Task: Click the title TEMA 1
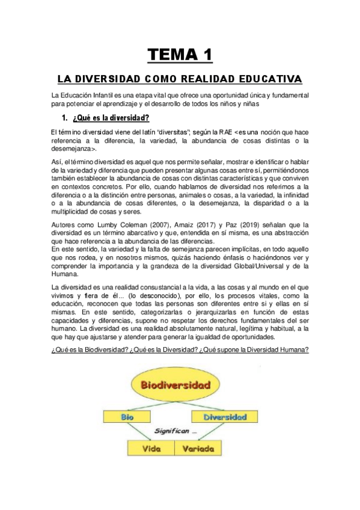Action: click(180, 55)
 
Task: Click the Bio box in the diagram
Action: click(126, 416)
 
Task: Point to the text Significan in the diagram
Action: click(176, 431)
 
